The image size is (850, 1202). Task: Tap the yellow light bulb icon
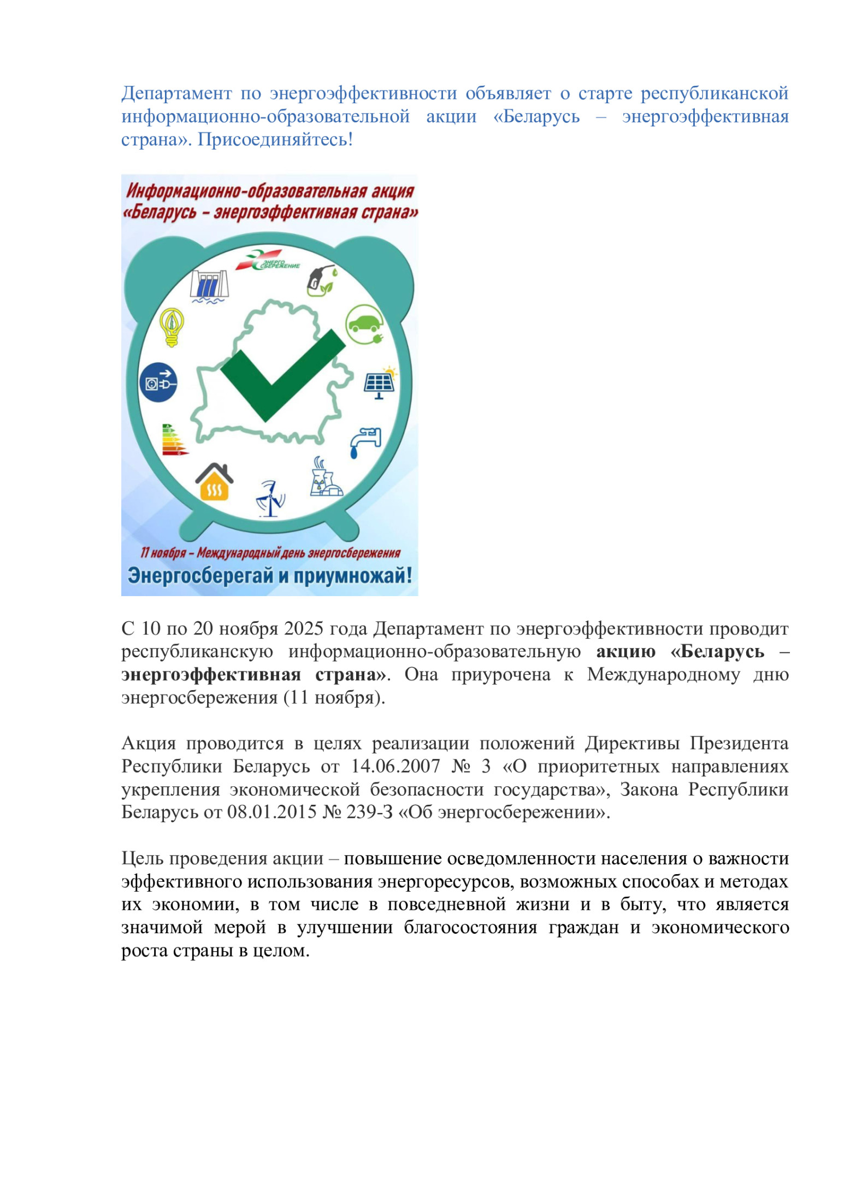172,326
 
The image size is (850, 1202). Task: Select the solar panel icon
380,382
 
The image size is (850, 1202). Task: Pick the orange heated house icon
214,481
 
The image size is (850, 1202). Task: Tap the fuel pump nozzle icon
321,280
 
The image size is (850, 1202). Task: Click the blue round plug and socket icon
158,382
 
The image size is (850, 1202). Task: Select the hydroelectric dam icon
209,285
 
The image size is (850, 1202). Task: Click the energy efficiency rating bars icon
174,440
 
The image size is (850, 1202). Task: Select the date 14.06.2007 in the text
395,766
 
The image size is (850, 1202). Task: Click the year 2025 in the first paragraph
304,628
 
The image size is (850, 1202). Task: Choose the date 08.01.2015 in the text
272,812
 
